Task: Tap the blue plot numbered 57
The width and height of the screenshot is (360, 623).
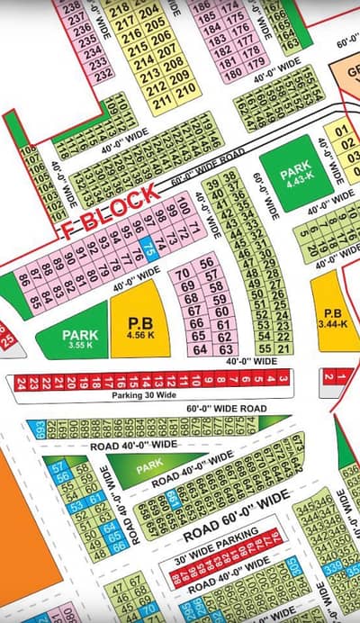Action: click(x=58, y=467)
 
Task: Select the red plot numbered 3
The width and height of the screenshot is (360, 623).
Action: click(x=283, y=379)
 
